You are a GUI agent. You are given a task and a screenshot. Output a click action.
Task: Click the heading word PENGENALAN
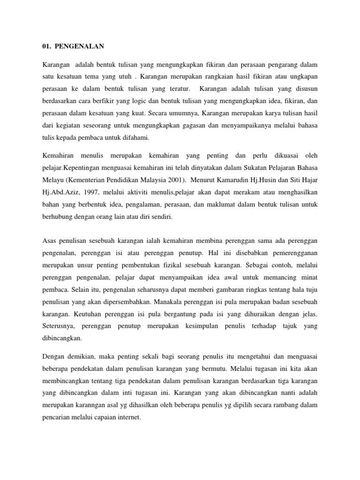81,46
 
